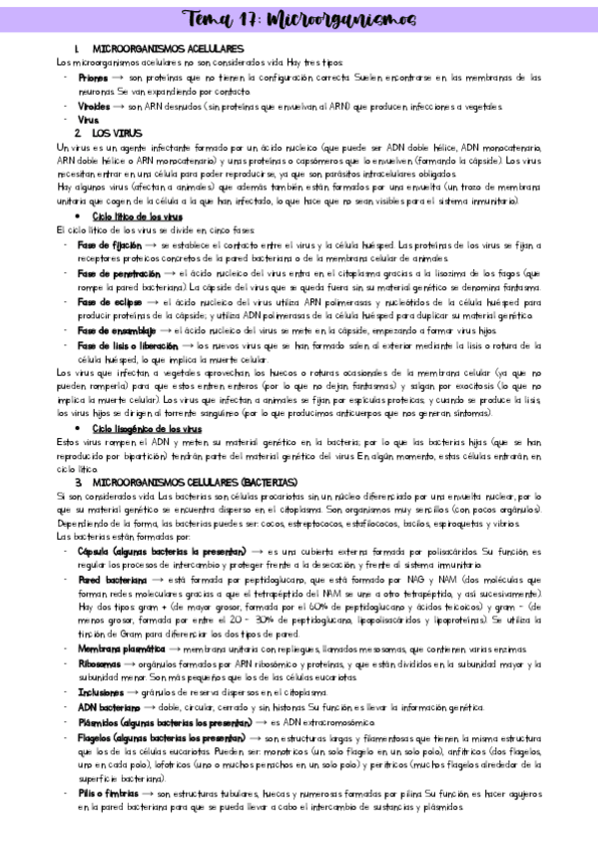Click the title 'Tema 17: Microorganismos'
click(299, 17)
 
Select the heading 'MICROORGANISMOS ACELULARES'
click(167, 48)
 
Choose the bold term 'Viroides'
click(95, 105)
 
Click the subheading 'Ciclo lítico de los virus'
click(137, 215)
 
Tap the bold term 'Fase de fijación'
click(109, 243)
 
